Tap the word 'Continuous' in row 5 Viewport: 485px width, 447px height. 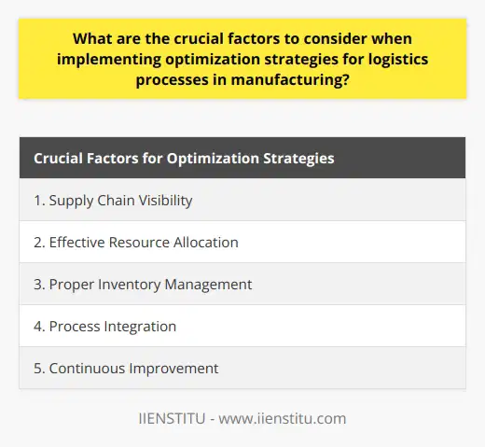pyautogui.click(x=90, y=368)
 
